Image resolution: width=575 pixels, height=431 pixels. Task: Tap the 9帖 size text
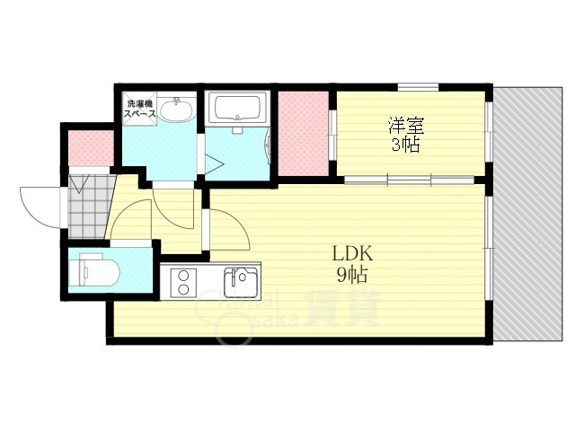click(351, 274)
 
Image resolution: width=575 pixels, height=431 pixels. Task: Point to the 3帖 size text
click(405, 145)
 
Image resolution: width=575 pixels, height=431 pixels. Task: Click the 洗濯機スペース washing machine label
click(140, 109)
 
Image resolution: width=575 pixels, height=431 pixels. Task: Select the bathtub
click(236, 110)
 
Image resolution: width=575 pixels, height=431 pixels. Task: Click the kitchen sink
click(241, 282)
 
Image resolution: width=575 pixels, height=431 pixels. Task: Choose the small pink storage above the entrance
click(91, 149)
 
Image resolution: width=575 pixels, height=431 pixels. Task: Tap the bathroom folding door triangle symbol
click(215, 163)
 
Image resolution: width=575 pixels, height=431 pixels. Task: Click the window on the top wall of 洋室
click(418, 87)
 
